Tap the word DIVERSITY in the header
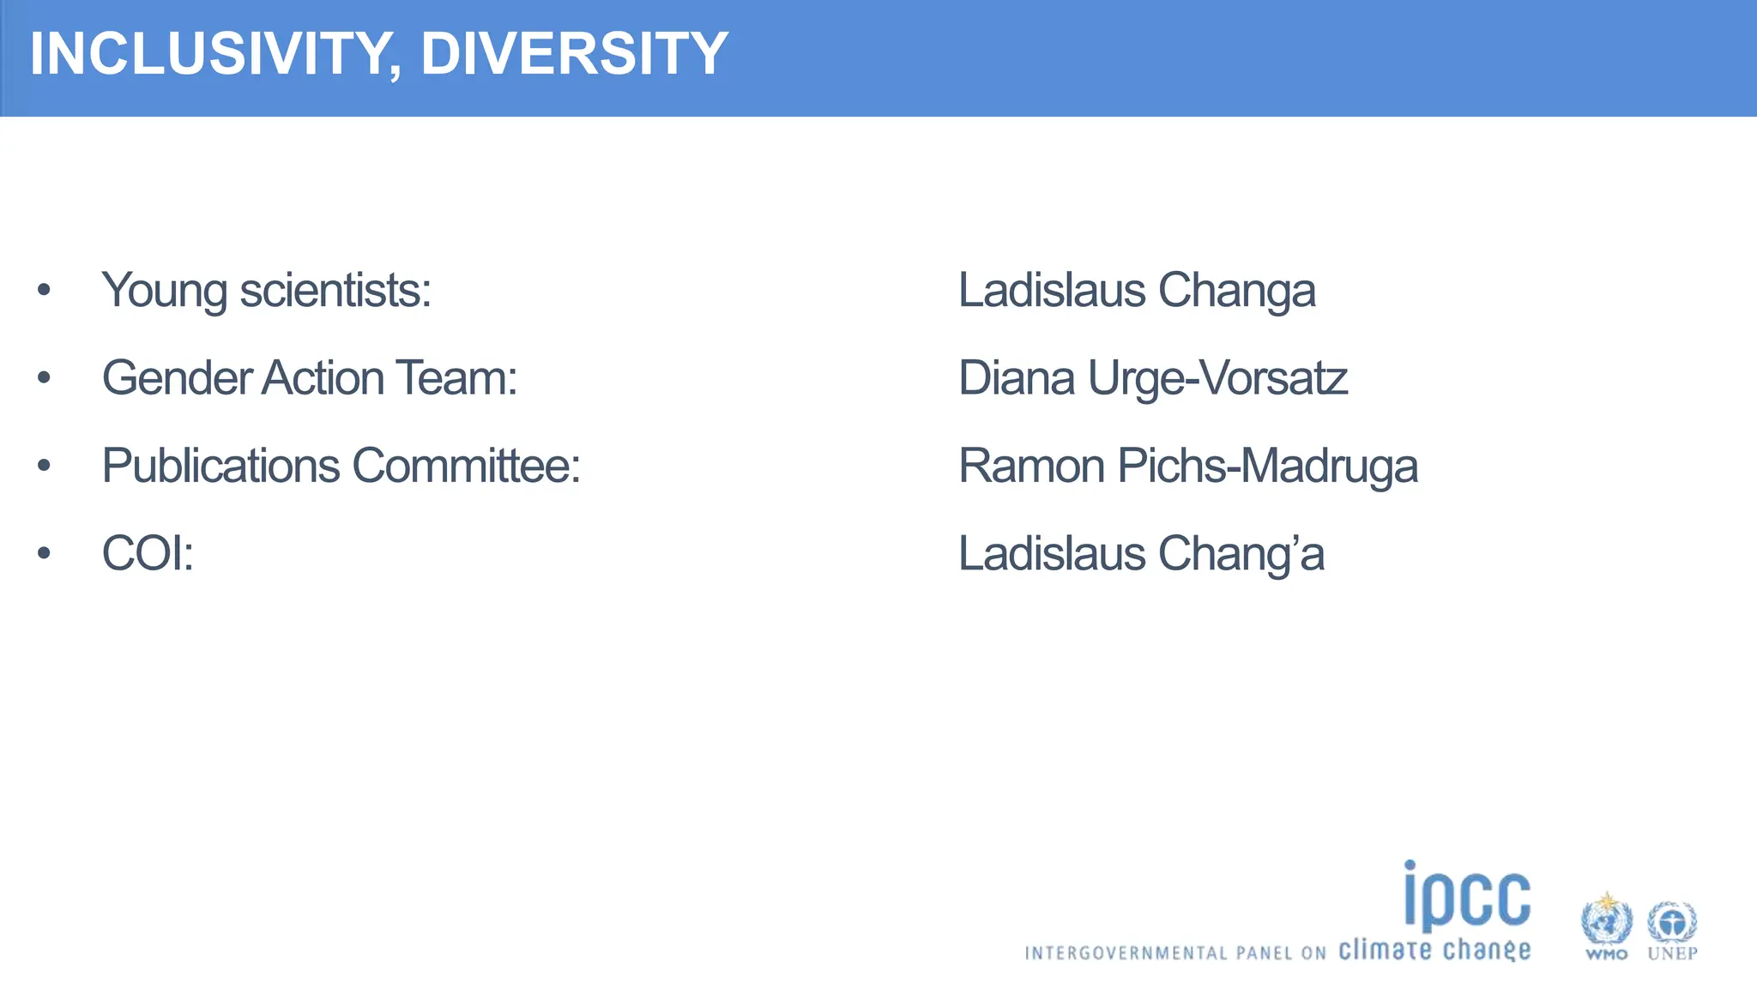click(x=574, y=53)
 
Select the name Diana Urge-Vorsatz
click(x=1152, y=378)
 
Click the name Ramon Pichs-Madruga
click(x=1187, y=466)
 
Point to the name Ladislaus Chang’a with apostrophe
click(x=1141, y=553)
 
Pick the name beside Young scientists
click(x=1136, y=290)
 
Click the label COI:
click(x=148, y=553)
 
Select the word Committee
click(x=466, y=466)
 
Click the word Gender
click(x=177, y=378)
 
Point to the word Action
click(x=323, y=378)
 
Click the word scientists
click(x=335, y=290)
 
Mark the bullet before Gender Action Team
click(x=45, y=378)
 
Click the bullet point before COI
click(x=45, y=553)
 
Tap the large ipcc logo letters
click(x=1466, y=896)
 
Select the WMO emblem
click(x=1606, y=922)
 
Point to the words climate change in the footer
click(x=1434, y=950)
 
